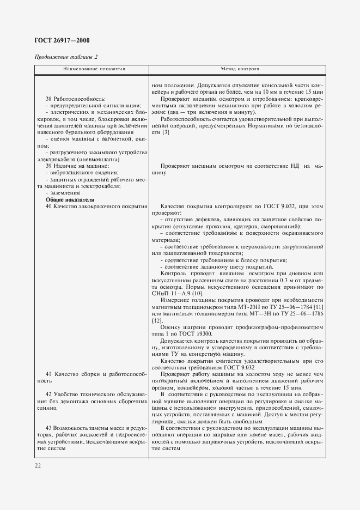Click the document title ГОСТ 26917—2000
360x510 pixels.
click(63, 41)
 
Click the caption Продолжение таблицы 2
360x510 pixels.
click(66, 57)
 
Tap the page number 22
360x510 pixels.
click(38, 465)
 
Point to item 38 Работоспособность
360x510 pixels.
click(75, 99)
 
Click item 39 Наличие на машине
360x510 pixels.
click(77, 166)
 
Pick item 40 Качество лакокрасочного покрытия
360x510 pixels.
click(97, 207)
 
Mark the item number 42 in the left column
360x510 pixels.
click(49, 393)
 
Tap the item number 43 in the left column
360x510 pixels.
click(49, 427)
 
